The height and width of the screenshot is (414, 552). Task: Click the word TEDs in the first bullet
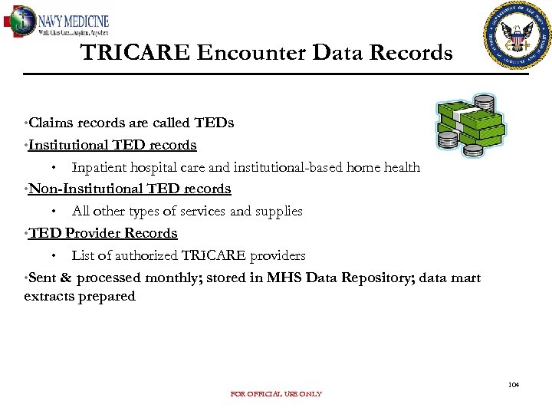pos(214,123)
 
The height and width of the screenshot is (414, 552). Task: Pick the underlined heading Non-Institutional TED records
pos(130,189)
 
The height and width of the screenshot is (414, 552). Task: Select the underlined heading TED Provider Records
pos(103,233)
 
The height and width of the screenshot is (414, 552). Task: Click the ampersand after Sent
pos(66,278)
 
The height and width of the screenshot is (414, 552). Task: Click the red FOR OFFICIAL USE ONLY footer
pos(276,394)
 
